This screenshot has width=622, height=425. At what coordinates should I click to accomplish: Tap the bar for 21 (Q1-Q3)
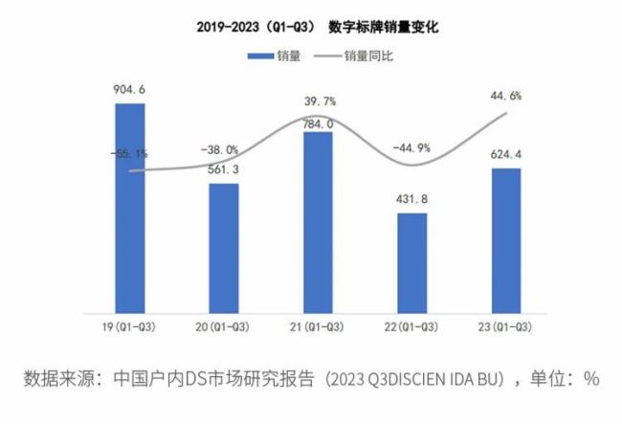(318, 221)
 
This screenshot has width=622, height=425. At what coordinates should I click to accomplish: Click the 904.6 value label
(129, 91)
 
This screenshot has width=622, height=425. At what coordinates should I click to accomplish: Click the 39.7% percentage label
(318, 101)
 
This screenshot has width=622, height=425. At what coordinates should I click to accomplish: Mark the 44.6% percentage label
(505, 96)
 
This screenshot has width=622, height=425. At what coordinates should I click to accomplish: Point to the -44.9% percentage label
(411, 147)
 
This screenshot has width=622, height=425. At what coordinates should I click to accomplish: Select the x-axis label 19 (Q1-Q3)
(129, 327)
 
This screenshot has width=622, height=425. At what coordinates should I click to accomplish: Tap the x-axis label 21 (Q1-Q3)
(318, 327)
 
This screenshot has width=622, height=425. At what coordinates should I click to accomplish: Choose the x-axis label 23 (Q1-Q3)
(505, 327)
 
